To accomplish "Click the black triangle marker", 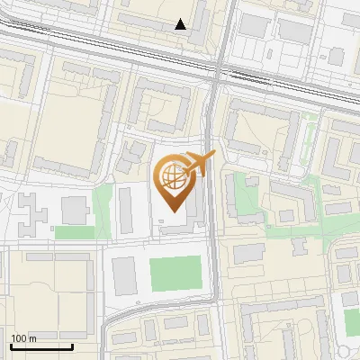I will pyautogui.click(x=181, y=25).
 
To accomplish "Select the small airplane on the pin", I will pyautogui.click(x=201, y=164).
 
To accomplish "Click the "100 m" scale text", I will pyautogui.click(x=24, y=337).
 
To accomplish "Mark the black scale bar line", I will pyautogui.click(x=41, y=346).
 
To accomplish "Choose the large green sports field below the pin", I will pyautogui.click(x=175, y=274).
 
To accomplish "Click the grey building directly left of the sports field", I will pyautogui.click(x=125, y=274).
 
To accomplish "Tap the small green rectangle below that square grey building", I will pyautogui.click(x=74, y=232).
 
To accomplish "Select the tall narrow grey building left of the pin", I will pyautogui.click(x=125, y=209).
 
